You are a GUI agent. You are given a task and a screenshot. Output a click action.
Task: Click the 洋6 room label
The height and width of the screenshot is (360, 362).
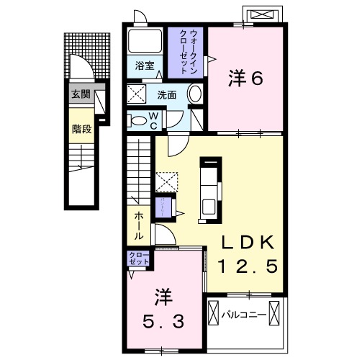(x=245, y=78)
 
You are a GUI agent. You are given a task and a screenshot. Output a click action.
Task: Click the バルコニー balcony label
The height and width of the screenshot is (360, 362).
(x=243, y=314)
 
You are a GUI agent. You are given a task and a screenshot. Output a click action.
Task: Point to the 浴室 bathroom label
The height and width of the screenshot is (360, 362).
(x=146, y=66)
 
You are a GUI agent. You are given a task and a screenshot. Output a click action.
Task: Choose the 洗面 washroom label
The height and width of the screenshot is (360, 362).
(x=168, y=94)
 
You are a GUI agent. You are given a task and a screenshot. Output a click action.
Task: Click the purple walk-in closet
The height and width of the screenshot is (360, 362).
(x=187, y=52)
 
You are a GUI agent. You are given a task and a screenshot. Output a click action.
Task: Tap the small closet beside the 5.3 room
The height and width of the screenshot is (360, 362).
(x=138, y=258)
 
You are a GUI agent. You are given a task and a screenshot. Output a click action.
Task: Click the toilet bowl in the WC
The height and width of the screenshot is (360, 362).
(x=137, y=120)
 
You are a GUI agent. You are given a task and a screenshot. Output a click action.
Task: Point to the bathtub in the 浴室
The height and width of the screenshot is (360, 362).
(x=146, y=41)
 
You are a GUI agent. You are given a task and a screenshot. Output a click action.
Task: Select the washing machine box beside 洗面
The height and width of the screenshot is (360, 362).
(x=137, y=94)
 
